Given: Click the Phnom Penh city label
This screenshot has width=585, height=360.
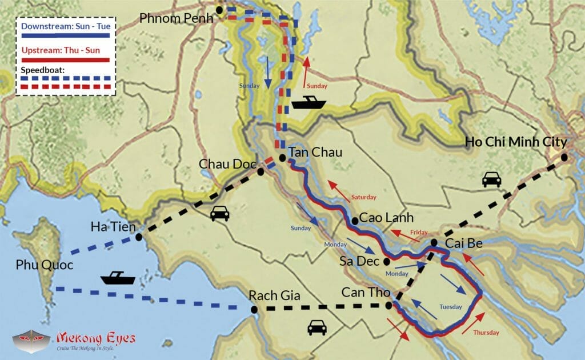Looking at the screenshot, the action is coord(176,18).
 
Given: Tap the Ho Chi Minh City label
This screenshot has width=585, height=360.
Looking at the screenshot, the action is coord(516,142).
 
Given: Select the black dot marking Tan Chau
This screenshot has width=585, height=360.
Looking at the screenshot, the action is coord(282,158).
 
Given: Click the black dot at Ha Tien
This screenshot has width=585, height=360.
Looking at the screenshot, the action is coord(139,238).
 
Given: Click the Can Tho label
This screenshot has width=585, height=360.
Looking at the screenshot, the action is coord(366,292).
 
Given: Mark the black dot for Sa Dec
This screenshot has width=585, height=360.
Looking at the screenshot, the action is coord(387,262).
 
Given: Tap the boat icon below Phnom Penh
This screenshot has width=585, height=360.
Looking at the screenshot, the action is coord(308,102).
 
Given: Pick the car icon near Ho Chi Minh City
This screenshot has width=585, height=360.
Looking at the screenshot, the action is coord(491,179).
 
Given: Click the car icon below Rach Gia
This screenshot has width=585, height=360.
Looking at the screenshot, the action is coord(317,327).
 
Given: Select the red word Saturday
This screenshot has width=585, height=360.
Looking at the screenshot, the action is coord(364,197).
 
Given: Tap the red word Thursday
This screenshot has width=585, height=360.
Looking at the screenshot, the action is coord(486,333).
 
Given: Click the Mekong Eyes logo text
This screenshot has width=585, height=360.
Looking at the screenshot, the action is coord(96,338).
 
